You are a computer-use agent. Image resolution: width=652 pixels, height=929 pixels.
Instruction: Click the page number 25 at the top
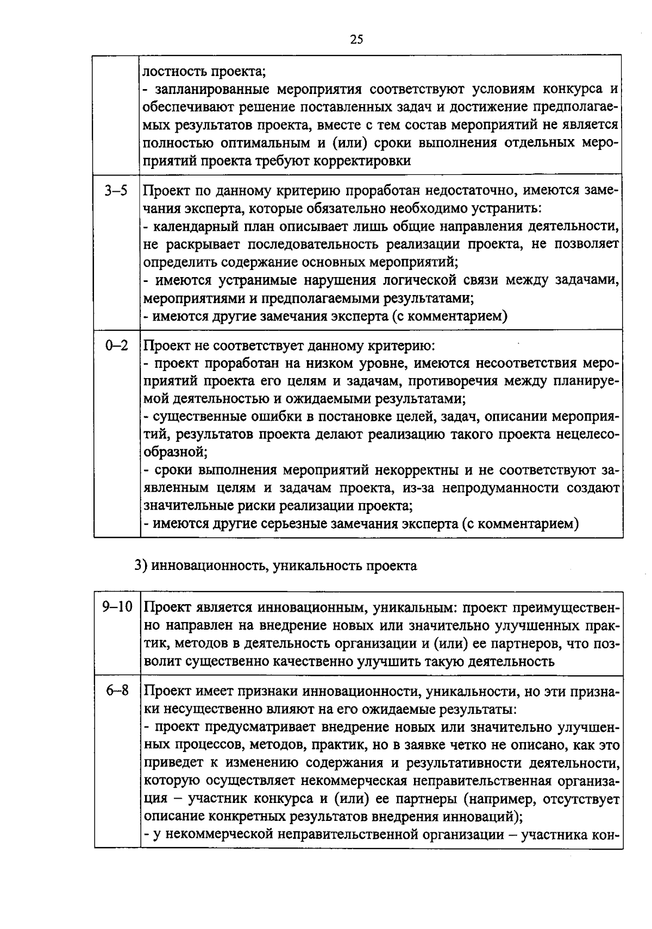click(357, 39)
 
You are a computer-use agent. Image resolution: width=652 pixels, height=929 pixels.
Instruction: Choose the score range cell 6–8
click(117, 691)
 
